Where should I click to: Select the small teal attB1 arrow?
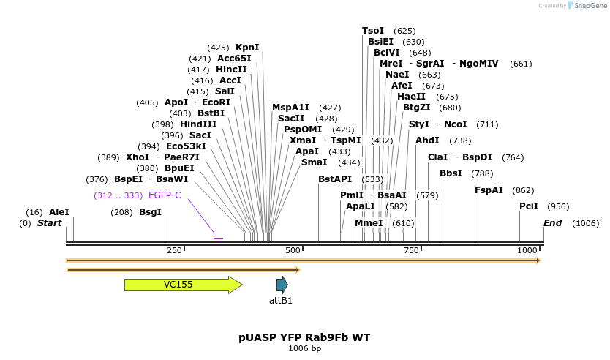coord(282,285)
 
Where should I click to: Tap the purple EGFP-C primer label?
coord(165,195)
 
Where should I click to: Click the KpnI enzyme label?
coord(247,48)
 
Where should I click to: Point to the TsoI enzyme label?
coord(373,31)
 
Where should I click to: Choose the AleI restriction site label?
coord(59,212)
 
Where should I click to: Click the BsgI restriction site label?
coord(150,212)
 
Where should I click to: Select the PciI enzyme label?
coord(529,206)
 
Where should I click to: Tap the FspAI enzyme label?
coord(489,190)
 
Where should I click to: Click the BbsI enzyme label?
coord(451,173)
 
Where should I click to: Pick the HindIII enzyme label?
coord(198,124)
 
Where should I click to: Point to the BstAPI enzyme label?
coord(335,179)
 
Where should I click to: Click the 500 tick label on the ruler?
coord(293,251)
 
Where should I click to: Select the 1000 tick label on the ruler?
coord(527,251)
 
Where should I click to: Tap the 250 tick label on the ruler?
coord(174,251)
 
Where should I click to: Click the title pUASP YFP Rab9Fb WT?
coord(304,337)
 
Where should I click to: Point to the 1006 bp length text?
coord(304,349)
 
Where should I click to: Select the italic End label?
coord(552,223)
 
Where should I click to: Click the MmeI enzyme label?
coord(369,223)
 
